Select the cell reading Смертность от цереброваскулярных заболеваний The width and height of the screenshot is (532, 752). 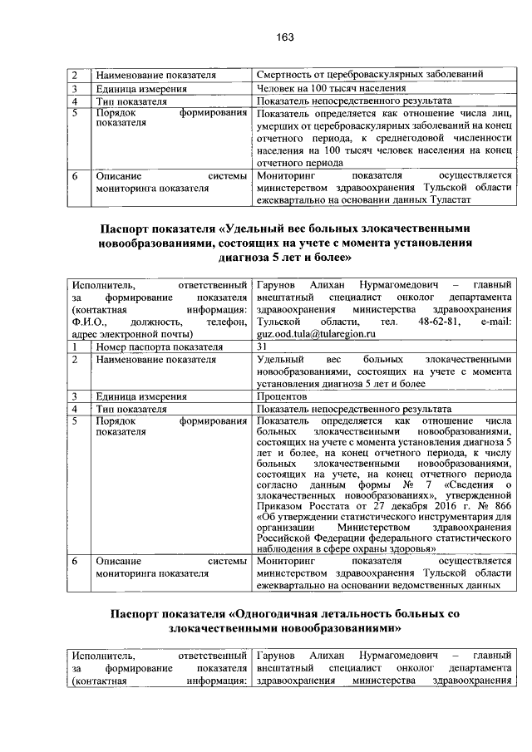370,75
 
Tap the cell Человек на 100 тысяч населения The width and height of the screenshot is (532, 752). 332,88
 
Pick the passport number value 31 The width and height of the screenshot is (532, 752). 263,346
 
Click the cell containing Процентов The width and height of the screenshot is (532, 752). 283,396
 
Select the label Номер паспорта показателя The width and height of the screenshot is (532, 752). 147,346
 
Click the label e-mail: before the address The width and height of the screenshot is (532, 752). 490,321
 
